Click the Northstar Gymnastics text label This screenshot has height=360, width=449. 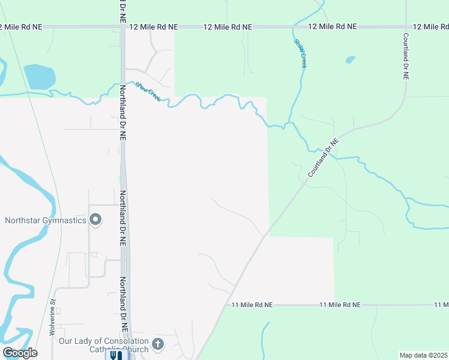click(46, 220)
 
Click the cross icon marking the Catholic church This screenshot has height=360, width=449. click(158, 344)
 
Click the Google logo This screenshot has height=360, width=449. click(20, 353)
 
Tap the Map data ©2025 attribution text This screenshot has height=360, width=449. click(423, 355)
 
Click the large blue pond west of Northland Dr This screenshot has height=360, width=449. click(39, 77)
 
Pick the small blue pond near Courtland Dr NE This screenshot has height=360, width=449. click(350, 60)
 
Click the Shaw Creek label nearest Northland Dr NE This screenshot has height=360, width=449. click(148, 91)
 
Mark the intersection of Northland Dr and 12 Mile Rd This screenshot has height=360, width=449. click(122, 27)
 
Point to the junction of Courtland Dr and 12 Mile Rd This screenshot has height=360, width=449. click(406, 27)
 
